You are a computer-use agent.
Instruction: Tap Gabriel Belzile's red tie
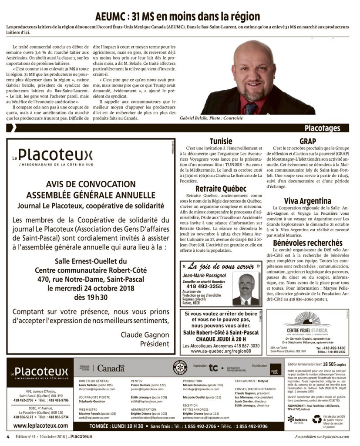[x=250, y=107]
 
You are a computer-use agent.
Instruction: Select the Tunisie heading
[x=221, y=141]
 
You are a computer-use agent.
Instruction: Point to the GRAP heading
[x=308, y=141]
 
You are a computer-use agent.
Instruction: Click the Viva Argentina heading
[x=308, y=201]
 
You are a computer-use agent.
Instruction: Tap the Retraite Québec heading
[x=221, y=189]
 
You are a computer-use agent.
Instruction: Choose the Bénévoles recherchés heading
[x=308, y=243]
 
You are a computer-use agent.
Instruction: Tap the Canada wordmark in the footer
[x=110, y=368]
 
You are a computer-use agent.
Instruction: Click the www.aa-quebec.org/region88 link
[x=221, y=351]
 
